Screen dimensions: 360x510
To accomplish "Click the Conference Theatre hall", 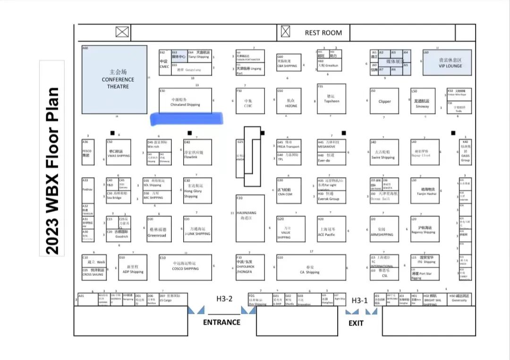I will coord(115,79).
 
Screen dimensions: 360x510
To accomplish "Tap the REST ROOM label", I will coord(323,33).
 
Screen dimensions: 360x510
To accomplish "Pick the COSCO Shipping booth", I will coord(185,267).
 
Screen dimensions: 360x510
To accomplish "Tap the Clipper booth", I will coord(384,101).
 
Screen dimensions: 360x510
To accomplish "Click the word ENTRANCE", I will coord(221,322).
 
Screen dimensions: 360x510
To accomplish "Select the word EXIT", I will coord(356,323).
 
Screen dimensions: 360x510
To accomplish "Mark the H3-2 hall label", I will coord(225,299).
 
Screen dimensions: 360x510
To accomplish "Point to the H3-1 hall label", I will coord(359,300).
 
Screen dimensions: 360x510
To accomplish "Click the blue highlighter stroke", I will coord(187,119).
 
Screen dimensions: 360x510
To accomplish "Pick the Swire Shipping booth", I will coord(383,153).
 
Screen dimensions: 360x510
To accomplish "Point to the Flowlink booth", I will coord(197,153).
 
